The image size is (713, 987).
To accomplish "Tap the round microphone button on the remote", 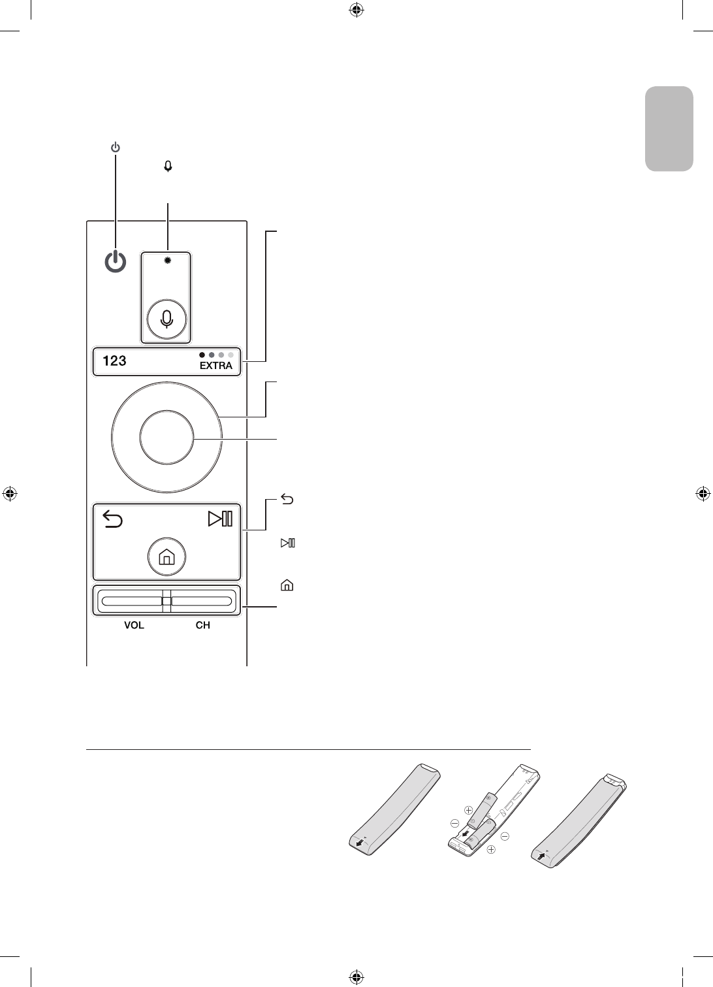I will click(x=167, y=318).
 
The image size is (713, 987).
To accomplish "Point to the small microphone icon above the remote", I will click(x=168, y=167).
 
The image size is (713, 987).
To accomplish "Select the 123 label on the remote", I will click(x=114, y=360).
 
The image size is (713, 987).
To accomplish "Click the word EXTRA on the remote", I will click(x=216, y=366).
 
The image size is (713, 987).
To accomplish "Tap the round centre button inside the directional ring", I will click(x=166, y=438).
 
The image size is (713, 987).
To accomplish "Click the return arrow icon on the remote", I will click(x=113, y=520).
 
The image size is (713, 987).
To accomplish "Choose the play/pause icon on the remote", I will click(x=220, y=519).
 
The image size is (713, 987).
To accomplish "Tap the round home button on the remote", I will click(x=166, y=557).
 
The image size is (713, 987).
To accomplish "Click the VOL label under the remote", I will click(x=134, y=625).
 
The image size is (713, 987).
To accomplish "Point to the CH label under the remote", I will click(x=203, y=625).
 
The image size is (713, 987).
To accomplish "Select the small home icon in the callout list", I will click(x=286, y=586).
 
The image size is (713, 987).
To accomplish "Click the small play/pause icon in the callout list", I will click(x=287, y=543).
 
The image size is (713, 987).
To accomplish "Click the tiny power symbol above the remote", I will click(x=115, y=148).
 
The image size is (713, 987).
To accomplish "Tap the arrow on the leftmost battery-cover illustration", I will click(x=360, y=843).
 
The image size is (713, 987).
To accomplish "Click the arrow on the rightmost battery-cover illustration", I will click(x=541, y=853).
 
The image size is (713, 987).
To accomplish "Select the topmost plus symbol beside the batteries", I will click(x=467, y=810).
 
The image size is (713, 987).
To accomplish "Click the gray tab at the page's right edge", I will click(x=669, y=128).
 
